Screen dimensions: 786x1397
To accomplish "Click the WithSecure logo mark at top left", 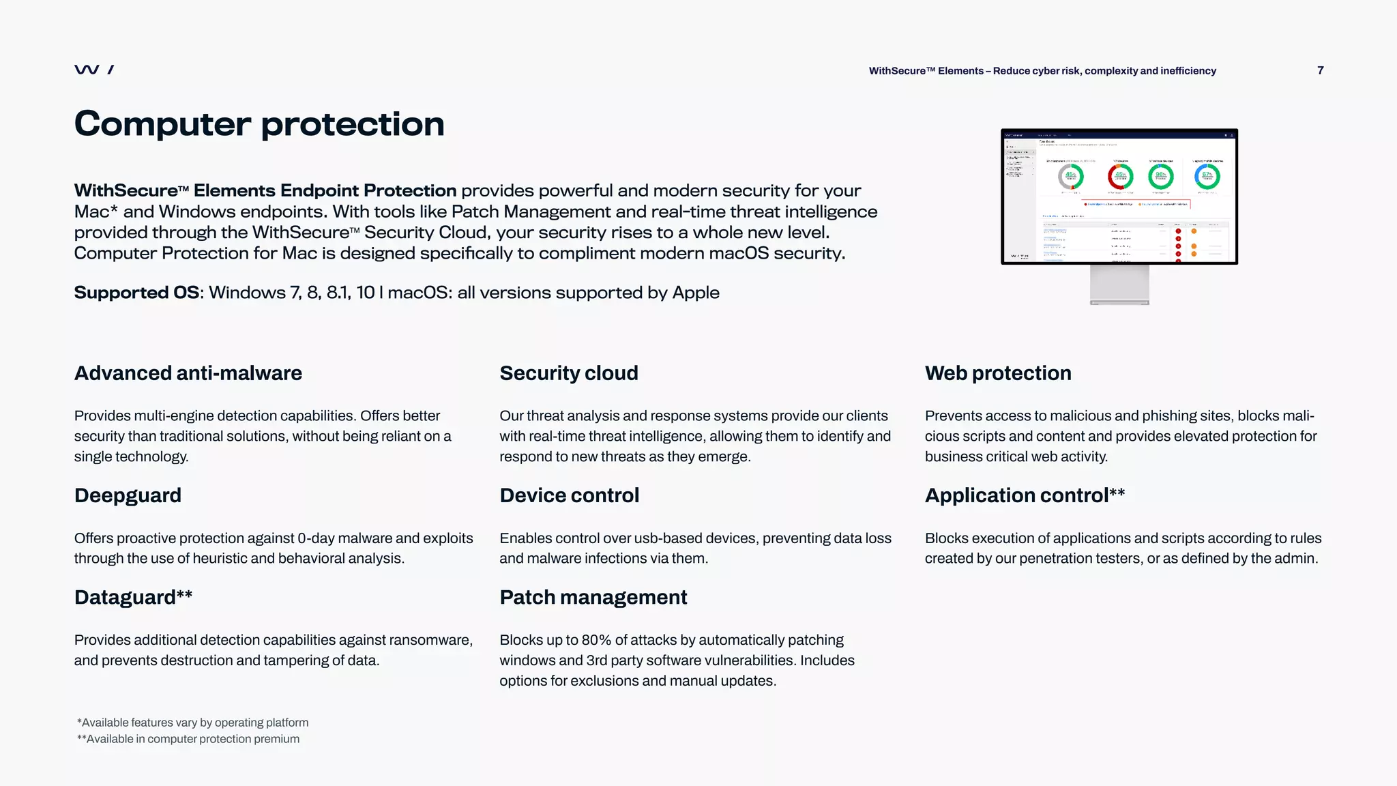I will pyautogui.click(x=93, y=70).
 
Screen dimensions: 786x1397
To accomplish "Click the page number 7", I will pyautogui.click(x=1320, y=70).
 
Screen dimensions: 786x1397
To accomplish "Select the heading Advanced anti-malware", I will pyautogui.click(x=188, y=373).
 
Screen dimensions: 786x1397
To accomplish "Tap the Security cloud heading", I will pyautogui.click(x=568, y=373).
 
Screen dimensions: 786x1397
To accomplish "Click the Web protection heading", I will pyautogui.click(x=997, y=373).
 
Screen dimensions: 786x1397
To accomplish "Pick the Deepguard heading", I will pyautogui.click(x=128, y=495).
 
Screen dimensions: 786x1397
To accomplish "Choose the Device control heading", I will pyautogui.click(x=569, y=495).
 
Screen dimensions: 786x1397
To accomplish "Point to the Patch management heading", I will pyautogui.click(x=593, y=597).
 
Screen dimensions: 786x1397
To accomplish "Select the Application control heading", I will pyautogui.click(x=1024, y=495).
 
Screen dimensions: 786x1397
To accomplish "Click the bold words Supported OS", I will pyautogui.click(x=136, y=293).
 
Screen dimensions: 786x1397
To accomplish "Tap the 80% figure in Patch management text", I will pyautogui.click(x=596, y=640).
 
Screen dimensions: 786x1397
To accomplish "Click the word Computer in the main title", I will pyautogui.click(x=162, y=124).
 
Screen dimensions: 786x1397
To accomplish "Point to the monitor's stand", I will pyautogui.click(x=1119, y=285).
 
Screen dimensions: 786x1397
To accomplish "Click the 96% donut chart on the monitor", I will pyautogui.click(x=1161, y=176).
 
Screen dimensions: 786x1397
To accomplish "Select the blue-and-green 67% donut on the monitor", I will pyautogui.click(x=1207, y=176).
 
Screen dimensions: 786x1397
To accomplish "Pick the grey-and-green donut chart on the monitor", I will pyautogui.click(x=1070, y=176).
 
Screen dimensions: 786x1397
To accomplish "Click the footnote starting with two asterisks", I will pyautogui.click(x=188, y=739).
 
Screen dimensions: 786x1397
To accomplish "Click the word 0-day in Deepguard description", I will pyautogui.click(x=316, y=538).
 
